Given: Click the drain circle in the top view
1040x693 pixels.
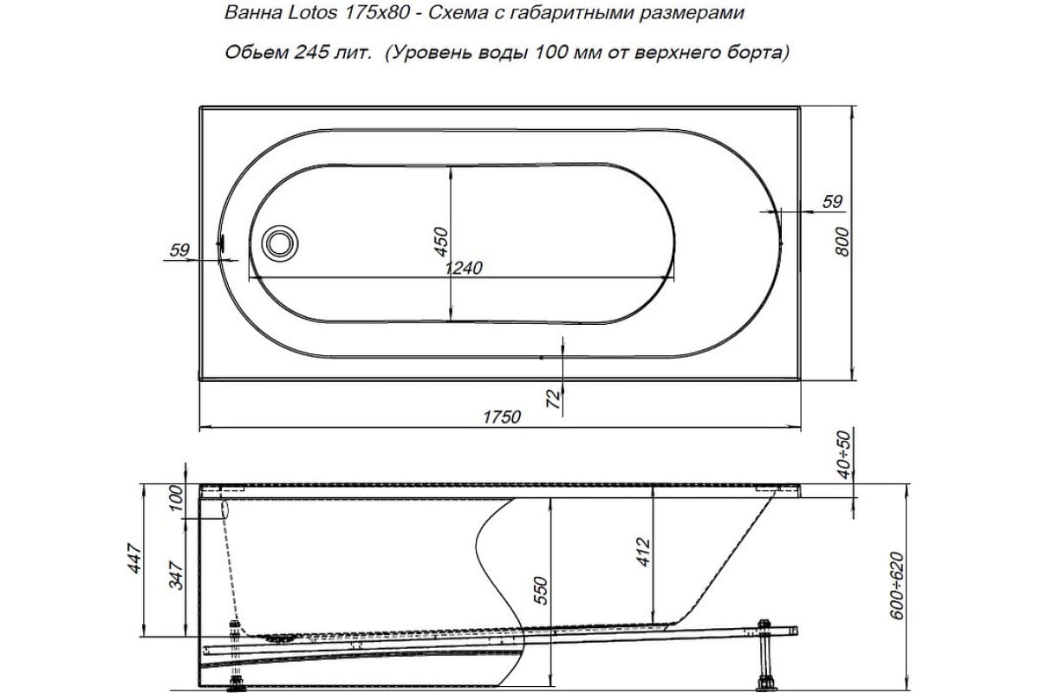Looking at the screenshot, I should tap(280, 242).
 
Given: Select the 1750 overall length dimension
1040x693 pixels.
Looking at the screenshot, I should tap(502, 418).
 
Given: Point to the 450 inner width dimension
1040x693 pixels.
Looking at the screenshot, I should tap(440, 242).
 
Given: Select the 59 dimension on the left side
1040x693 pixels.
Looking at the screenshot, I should tap(179, 250).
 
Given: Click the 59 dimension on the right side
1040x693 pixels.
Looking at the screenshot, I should tap(831, 202).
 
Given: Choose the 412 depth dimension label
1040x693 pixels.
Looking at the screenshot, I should tap(644, 553).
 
